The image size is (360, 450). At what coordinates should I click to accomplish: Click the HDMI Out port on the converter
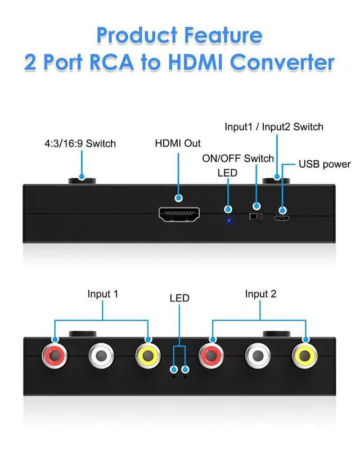(x=179, y=215)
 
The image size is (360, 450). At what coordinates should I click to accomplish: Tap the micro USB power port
(x=282, y=217)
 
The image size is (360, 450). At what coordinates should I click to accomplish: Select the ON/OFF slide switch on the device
(x=256, y=216)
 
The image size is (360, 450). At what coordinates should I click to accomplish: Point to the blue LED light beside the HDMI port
(x=228, y=220)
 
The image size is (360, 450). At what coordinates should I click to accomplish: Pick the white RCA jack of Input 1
(x=102, y=356)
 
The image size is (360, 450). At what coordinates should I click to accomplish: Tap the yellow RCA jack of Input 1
(x=148, y=356)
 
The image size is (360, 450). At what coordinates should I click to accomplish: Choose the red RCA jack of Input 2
(x=211, y=356)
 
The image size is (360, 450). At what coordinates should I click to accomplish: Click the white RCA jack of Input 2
(x=259, y=356)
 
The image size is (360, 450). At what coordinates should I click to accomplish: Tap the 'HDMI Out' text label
(x=178, y=143)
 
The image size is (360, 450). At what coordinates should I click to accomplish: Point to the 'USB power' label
(x=325, y=165)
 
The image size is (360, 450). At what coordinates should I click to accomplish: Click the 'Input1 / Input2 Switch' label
(x=274, y=127)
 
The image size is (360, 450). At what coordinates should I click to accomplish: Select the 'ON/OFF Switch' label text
(x=238, y=158)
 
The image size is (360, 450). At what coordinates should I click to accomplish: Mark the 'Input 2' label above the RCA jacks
(x=260, y=294)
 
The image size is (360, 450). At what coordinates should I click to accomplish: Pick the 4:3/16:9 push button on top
(x=82, y=181)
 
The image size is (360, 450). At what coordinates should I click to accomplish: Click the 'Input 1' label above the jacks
(x=103, y=294)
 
